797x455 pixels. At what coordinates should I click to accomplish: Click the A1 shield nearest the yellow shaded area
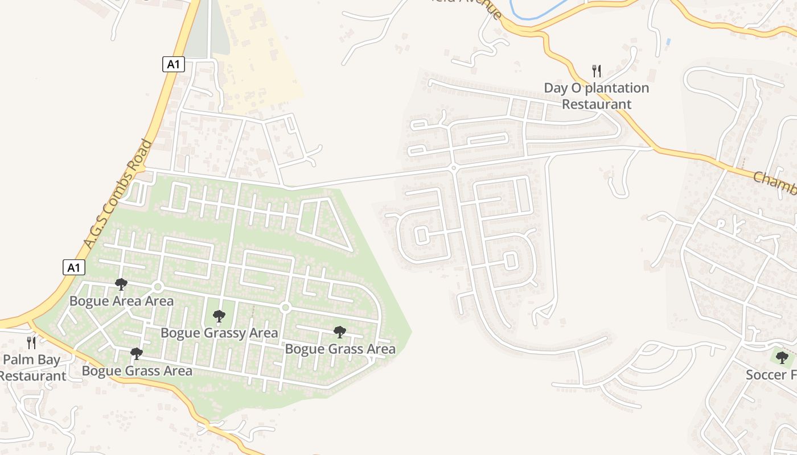pyautogui.click(x=173, y=64)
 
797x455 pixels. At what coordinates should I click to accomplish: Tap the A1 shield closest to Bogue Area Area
pyautogui.click(x=74, y=267)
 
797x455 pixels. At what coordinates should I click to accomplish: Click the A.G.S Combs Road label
pyautogui.click(x=118, y=193)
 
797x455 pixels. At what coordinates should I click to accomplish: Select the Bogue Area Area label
pyautogui.click(x=121, y=301)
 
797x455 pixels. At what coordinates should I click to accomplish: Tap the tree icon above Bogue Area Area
pyautogui.click(x=121, y=284)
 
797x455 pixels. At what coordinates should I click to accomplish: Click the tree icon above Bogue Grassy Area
pyautogui.click(x=219, y=316)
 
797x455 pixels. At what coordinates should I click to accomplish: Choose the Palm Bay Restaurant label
pyautogui.click(x=32, y=367)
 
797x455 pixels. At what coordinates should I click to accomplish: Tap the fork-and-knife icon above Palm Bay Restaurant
pyautogui.click(x=31, y=342)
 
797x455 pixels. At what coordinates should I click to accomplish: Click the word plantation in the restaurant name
pyautogui.click(x=617, y=88)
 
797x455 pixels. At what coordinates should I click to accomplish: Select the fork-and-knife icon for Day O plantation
pyautogui.click(x=597, y=71)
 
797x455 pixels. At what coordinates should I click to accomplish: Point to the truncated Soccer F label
pyautogui.click(x=771, y=375)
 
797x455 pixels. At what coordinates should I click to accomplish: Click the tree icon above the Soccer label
pyautogui.click(x=782, y=358)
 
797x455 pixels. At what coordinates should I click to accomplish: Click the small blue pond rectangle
pyautogui.click(x=668, y=42)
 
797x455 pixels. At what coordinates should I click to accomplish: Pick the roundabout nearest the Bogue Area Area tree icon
pyautogui.click(x=158, y=287)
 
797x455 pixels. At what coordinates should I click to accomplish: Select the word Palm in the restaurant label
pyautogui.click(x=17, y=359)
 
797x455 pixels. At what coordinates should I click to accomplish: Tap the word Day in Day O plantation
pyautogui.click(x=556, y=88)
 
